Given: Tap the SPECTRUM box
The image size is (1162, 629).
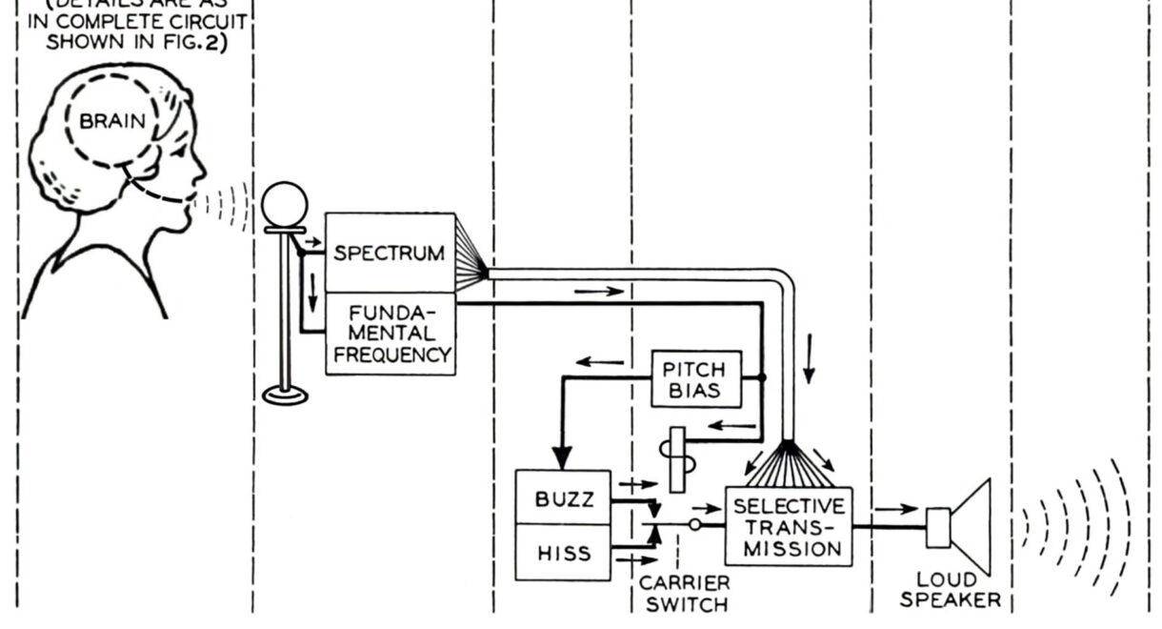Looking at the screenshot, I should coord(389,254).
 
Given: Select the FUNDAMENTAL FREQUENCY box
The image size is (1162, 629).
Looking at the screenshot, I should coord(389,334).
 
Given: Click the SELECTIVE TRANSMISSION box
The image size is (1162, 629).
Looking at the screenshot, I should coord(788,526).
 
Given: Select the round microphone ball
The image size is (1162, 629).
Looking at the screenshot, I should coord(286,205).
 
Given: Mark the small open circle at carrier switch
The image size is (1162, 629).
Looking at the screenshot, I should coord(695,525).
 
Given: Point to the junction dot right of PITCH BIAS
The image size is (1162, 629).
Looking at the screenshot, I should coord(761,378).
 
